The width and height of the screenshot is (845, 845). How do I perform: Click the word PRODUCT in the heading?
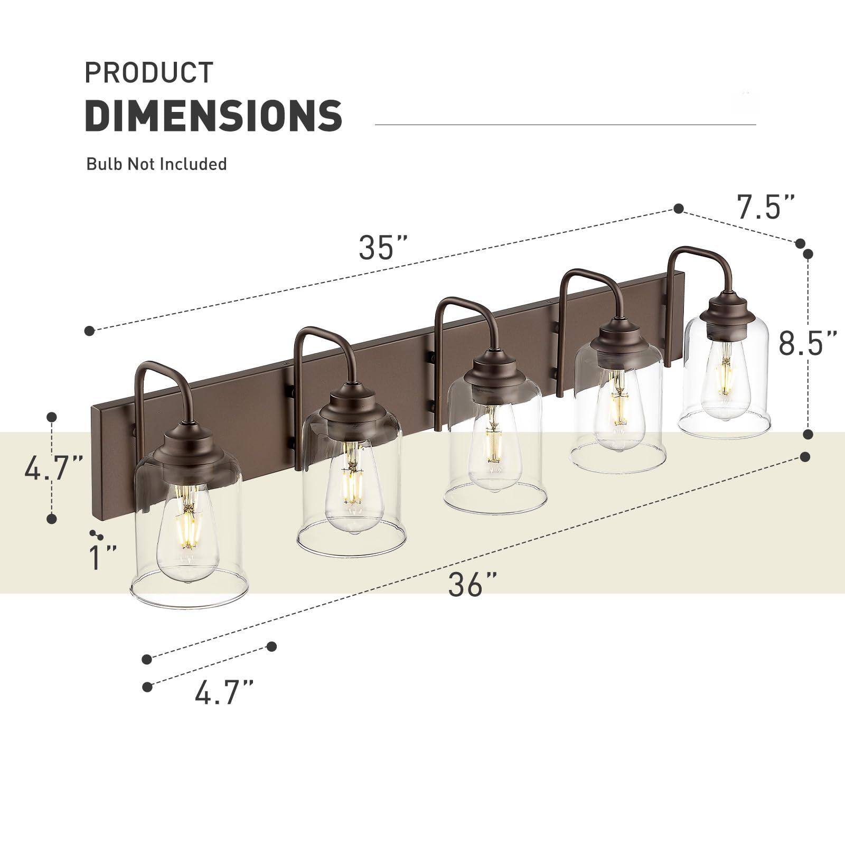pos(149,72)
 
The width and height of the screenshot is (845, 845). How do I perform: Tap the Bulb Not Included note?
pos(156,164)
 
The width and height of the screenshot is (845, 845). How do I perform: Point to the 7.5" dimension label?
pos(766,207)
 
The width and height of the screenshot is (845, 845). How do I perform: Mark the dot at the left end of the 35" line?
pos(89,331)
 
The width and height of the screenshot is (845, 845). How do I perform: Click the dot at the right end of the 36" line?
pos(805,456)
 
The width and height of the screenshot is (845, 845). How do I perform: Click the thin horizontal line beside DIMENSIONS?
pos(565,125)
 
